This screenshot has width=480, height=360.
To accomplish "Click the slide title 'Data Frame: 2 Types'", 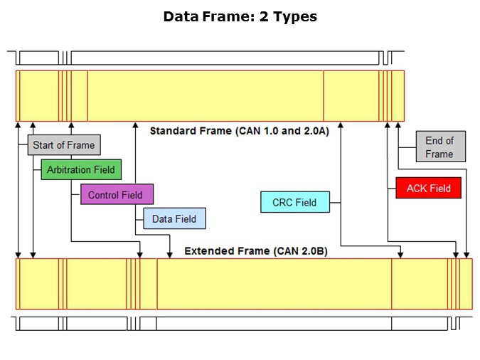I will tap(240, 16).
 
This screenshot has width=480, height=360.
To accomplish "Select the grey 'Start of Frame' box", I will tap(63, 145).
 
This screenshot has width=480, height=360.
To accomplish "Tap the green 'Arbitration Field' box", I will tap(80, 170).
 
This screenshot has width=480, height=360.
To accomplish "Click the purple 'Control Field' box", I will tap(116, 195).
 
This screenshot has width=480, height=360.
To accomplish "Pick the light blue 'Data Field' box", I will tap(174, 219).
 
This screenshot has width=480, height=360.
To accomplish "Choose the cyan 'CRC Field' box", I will tap(294, 203).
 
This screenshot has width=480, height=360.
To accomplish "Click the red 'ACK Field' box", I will tap(428, 189).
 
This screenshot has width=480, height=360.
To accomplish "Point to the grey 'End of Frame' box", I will tap(439, 147).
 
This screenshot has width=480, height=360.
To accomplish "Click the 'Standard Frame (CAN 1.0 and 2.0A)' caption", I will tap(239, 131).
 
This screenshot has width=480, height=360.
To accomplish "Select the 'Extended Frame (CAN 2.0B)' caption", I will tap(255, 251).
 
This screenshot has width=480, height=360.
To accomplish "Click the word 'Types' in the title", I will tap(294, 16).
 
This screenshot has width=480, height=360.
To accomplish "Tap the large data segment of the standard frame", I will tap(205, 96).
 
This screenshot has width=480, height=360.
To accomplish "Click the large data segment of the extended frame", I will tap(274, 284).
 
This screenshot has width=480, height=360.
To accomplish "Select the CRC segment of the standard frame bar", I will tap(351, 96).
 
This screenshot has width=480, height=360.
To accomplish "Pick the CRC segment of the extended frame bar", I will tap(419, 284).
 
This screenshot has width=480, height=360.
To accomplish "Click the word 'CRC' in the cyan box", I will tap(283, 203).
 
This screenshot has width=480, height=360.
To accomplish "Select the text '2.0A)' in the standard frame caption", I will tap(315, 131).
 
